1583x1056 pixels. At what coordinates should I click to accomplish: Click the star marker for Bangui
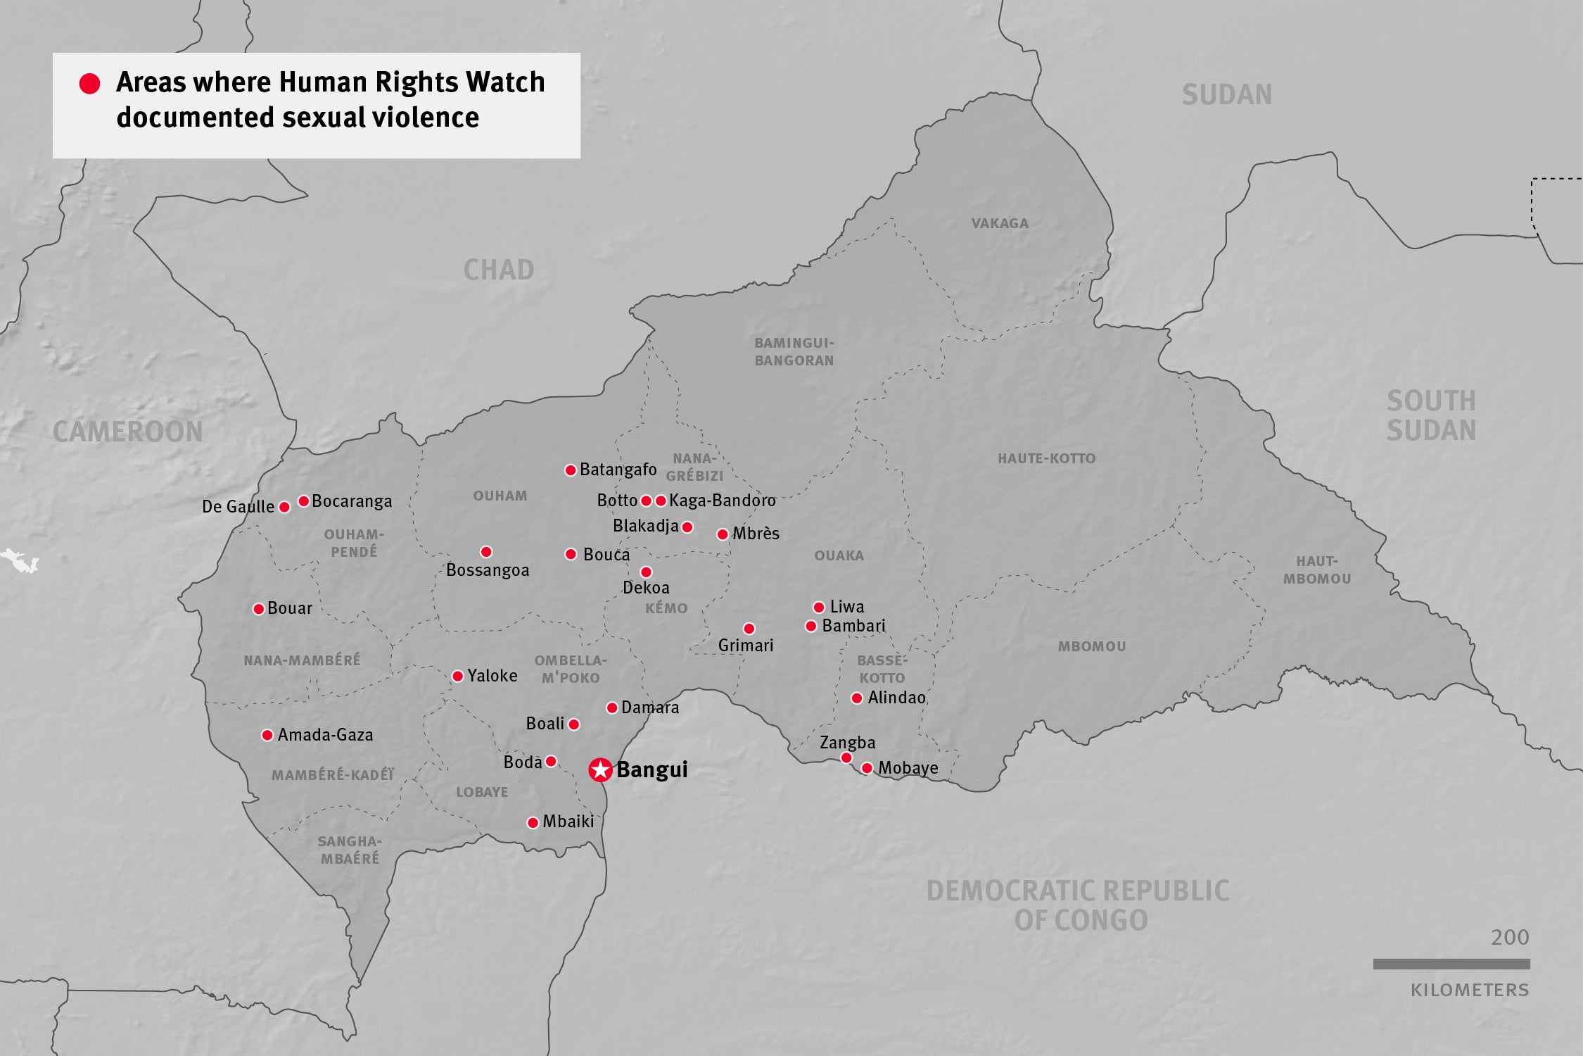pos(600,769)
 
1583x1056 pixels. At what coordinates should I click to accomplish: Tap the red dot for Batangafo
pos(571,470)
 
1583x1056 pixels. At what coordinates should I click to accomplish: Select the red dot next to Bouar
pos(259,609)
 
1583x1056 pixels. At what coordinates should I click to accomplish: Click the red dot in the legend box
pos(89,84)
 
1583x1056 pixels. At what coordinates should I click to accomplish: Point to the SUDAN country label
pos(1227,95)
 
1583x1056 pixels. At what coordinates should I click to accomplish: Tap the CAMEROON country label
pos(127,432)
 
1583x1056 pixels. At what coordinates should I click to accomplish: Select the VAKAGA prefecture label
pos(1000,224)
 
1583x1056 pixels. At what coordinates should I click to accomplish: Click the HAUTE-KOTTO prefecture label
pos(1046,458)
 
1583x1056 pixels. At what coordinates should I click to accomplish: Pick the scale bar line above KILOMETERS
pos(1451,964)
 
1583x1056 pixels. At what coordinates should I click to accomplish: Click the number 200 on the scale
pos(1510,938)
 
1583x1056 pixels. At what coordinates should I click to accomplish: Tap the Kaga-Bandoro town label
pos(722,501)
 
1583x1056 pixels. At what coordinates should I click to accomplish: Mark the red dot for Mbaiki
pos(533,823)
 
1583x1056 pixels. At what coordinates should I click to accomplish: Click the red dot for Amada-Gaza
pos(267,736)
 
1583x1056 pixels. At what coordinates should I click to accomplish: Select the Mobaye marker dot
pos(867,768)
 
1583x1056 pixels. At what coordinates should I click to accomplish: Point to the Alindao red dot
pos(857,698)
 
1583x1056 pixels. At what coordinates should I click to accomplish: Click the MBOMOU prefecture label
pos(1092,646)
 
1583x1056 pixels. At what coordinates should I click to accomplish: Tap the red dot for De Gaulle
pos(284,507)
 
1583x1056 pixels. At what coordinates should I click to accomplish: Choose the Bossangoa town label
pos(488,570)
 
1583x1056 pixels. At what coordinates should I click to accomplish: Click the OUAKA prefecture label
pos(839,555)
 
